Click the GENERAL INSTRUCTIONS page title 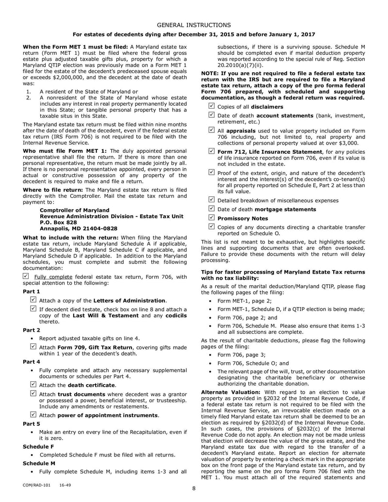pyautogui.click(x=194, y=24)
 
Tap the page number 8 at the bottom pyautogui.click(x=194, y=488)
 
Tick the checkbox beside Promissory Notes pyautogui.click(x=211, y=218)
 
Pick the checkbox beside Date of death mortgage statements pyautogui.click(x=211, y=209)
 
